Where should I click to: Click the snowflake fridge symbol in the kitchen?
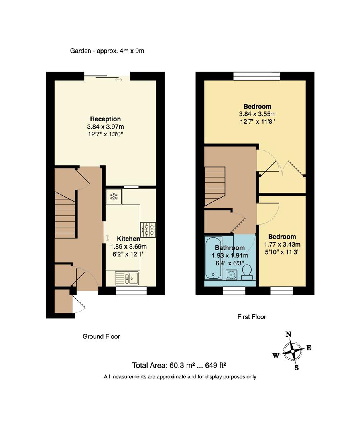click(114, 196)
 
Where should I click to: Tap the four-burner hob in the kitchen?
click(148, 230)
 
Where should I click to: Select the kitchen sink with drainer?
click(127, 278)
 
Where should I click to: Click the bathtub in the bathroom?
click(214, 258)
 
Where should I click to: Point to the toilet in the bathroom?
click(247, 272)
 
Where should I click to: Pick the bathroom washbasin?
click(232, 275)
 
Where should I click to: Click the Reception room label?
click(105, 119)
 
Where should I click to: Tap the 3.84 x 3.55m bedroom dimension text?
click(257, 114)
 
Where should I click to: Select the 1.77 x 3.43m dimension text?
click(282, 244)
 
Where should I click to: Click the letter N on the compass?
click(289, 334)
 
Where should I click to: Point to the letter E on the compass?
click(309, 348)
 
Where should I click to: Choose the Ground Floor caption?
click(101, 336)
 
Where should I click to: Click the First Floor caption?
click(252, 317)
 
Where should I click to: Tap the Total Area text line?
click(179, 365)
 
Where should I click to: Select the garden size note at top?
click(107, 51)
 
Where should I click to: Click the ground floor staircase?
click(65, 215)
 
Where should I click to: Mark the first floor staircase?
click(215, 186)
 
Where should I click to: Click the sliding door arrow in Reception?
click(119, 80)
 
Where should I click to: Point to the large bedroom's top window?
click(257, 76)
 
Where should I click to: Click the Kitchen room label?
click(128, 239)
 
